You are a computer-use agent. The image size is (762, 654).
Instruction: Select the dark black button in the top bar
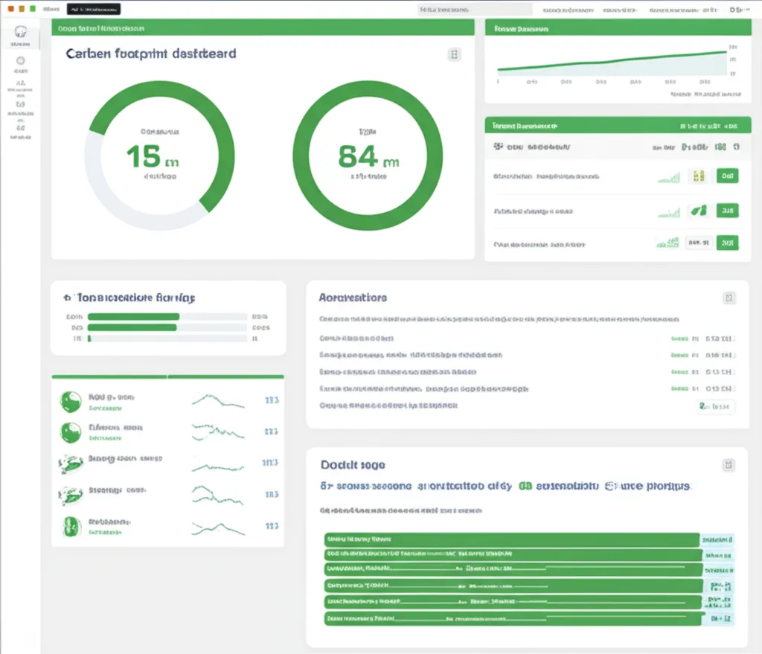[93, 10]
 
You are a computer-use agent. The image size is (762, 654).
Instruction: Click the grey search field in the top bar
[476, 10]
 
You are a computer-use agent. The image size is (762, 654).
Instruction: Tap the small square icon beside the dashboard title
[454, 54]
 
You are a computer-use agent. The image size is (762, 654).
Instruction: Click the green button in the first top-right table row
[727, 176]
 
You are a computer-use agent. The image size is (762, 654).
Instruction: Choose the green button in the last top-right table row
[727, 243]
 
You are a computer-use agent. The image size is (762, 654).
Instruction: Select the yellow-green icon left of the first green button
[698, 176]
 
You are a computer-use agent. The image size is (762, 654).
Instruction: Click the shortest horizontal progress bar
[89, 339]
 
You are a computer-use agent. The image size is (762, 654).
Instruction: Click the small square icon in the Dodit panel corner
[729, 465]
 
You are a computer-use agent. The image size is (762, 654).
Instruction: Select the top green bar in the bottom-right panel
[512, 539]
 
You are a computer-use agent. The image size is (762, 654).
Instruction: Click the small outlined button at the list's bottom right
[716, 406]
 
